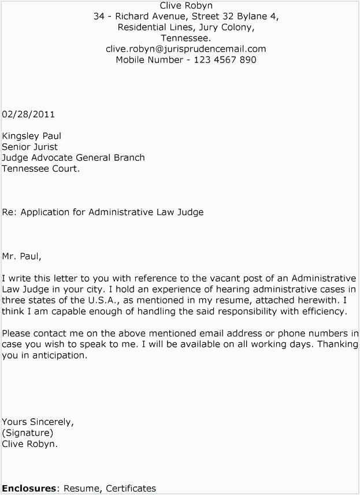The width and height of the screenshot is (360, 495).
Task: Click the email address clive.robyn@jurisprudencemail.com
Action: pos(185,49)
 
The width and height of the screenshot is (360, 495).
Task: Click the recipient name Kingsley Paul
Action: pos(31,136)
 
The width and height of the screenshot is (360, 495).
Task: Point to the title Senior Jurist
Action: pos(29,147)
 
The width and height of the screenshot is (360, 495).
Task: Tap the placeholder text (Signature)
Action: pos(28,433)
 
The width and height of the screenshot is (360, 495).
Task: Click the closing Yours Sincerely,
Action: pos(38,422)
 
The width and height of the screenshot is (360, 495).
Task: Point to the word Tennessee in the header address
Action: pos(185,38)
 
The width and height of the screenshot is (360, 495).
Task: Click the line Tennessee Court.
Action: pos(40,169)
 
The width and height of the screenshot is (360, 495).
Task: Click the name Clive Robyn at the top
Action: pos(186,6)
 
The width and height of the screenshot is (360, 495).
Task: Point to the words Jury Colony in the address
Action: pos(227,27)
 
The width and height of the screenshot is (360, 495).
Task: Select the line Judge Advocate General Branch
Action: pos(73,158)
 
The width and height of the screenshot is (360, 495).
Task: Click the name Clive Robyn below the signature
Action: pos(29,444)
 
